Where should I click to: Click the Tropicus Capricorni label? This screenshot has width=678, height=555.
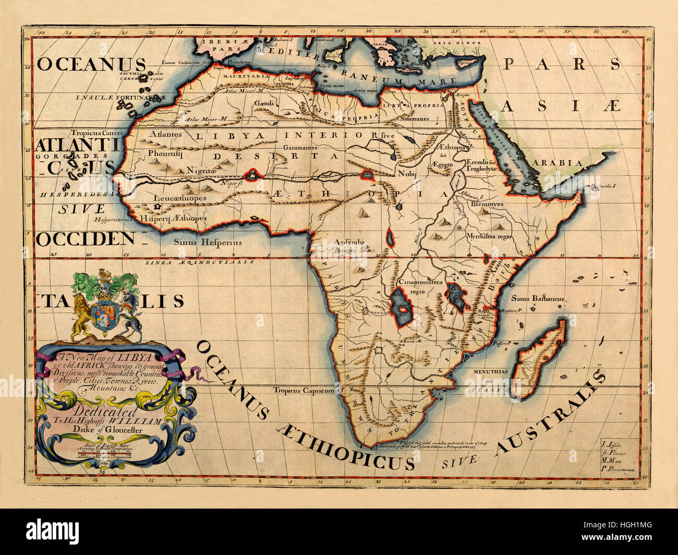coord(304,390)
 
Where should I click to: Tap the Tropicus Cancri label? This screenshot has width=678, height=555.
coord(97,133)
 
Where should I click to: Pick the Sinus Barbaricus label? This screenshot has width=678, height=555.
coord(537,299)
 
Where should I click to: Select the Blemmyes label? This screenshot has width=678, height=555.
coord(487,204)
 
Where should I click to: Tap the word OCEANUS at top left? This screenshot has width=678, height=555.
coord(91,64)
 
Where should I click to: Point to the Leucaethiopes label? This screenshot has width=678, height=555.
coord(180,198)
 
